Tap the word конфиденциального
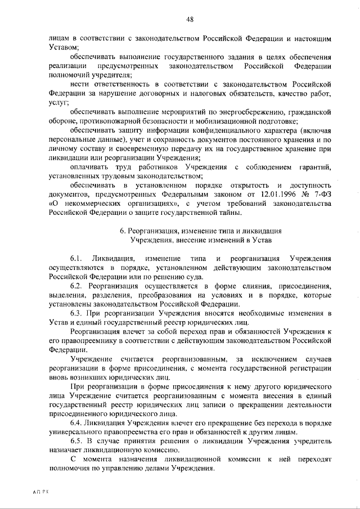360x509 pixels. click(210, 130)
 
